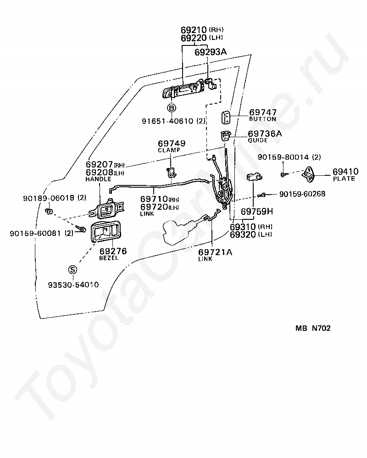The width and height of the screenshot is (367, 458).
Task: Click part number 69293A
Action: (x=211, y=52)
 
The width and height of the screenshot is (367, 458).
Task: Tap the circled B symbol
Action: (x=172, y=108)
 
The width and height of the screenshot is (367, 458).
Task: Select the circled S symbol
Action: (x=72, y=269)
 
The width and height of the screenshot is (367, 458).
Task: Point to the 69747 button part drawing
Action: (x=226, y=117)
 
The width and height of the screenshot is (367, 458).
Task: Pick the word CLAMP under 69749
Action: (x=169, y=150)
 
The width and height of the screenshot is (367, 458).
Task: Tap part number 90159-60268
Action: (x=302, y=194)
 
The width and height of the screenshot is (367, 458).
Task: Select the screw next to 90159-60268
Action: (x=262, y=195)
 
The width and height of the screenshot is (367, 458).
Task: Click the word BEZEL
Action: (x=109, y=258)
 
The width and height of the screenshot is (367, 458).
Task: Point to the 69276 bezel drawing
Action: (x=105, y=232)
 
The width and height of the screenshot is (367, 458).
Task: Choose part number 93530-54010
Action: (x=73, y=285)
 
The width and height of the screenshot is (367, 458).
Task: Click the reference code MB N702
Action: (x=313, y=328)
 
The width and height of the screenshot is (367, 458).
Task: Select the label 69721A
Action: (x=215, y=252)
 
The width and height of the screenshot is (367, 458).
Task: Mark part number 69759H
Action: (x=257, y=212)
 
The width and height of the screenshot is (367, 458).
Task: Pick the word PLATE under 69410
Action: (x=344, y=179)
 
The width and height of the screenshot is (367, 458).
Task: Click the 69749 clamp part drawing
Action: (x=171, y=172)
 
